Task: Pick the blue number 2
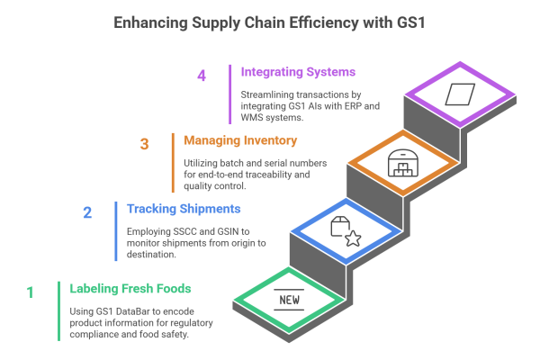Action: [87, 213]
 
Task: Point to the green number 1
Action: [30, 292]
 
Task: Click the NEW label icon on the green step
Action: [289, 300]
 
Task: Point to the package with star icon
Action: [346, 232]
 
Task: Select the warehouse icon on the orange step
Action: [402, 164]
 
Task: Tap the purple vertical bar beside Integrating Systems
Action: [229, 94]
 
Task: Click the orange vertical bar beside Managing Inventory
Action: [171, 162]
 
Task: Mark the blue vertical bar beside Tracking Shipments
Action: [114, 230]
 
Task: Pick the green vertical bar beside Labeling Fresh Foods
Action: [58, 310]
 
